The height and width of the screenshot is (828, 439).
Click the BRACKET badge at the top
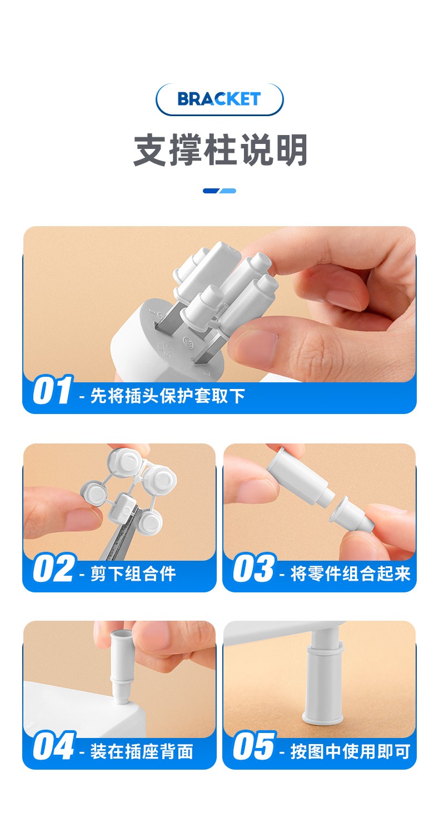coord(219,99)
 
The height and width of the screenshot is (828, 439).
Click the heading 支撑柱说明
coord(220,150)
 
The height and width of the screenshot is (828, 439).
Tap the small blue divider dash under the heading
coord(219,191)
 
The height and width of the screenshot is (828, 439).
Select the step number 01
coord(52,390)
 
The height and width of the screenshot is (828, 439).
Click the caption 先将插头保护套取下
coord(168,396)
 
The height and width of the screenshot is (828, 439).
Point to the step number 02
coord(54,568)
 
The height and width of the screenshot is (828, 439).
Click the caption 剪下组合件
coord(133,573)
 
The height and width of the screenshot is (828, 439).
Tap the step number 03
coord(255,568)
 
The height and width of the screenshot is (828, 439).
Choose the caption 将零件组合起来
coord(350,573)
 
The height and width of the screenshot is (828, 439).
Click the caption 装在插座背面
coord(142,751)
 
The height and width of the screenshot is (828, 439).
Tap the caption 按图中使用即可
coord(350,751)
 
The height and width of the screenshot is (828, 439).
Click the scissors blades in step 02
coord(122,536)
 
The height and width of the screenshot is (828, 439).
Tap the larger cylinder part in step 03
coord(300,477)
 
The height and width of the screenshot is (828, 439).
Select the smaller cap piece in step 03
coord(351,514)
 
